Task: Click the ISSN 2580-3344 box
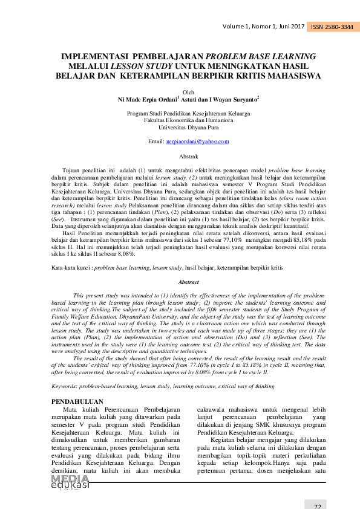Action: [332, 27]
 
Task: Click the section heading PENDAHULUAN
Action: [77, 401]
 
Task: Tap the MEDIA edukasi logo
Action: [70, 482]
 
